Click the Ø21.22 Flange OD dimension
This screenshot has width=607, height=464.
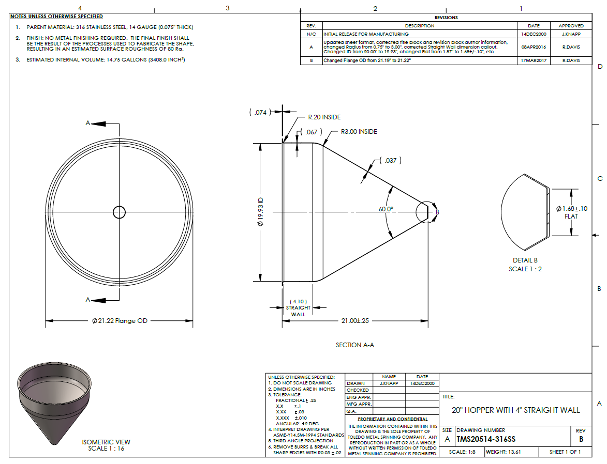coord(120,320)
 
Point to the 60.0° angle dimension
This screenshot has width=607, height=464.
coord(386,209)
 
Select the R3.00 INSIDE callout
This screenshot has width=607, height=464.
coord(359,131)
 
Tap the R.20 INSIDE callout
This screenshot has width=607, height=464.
coord(324,117)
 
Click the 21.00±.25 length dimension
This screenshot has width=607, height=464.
coord(355,320)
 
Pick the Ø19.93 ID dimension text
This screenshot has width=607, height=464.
coord(260,211)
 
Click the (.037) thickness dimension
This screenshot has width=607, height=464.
coord(391,160)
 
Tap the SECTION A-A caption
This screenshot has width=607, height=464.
coord(355,345)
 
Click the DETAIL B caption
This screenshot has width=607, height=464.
coord(525,260)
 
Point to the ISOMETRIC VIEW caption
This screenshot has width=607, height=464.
coord(106,442)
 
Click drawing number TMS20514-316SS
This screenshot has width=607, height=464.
coord(486,439)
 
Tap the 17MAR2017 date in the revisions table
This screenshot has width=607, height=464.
coord(534,60)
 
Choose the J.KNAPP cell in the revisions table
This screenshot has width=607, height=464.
coord(571,34)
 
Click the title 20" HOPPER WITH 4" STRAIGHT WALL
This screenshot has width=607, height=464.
coord(515,410)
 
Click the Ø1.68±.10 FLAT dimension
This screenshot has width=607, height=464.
coord(572,212)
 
